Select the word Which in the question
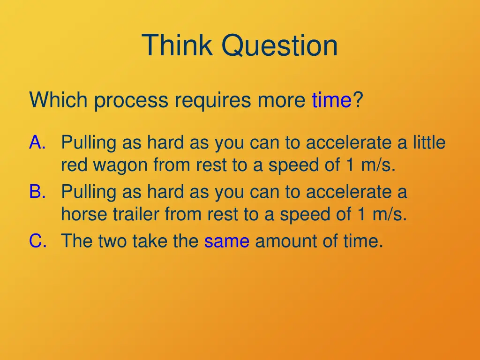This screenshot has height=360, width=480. pyautogui.click(x=60, y=100)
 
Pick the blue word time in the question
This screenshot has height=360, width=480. pyautogui.click(x=331, y=100)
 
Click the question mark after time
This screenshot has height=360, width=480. pyautogui.click(x=358, y=100)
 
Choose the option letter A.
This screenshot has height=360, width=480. pyautogui.click(x=37, y=142)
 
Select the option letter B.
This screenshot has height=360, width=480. pyautogui.click(x=37, y=192)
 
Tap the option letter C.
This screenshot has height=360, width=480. pyautogui.click(x=37, y=241)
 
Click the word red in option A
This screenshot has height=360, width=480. pyautogui.click(x=73, y=165)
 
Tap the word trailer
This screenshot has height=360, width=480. pyautogui.click(x=136, y=214)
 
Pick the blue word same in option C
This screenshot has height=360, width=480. pyautogui.click(x=226, y=241)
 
